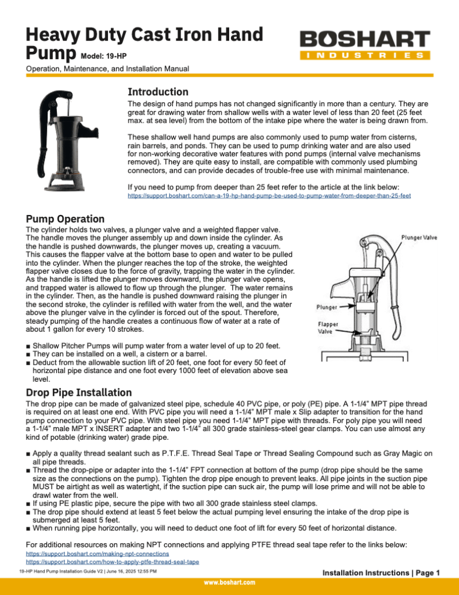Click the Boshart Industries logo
(365, 45)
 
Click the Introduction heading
(158, 92)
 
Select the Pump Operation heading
(65, 219)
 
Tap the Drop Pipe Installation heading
(79, 392)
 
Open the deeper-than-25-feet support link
(269, 196)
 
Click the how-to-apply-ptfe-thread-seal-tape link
(113, 562)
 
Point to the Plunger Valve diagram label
(420, 237)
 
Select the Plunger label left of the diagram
(327, 306)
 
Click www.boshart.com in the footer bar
(229, 582)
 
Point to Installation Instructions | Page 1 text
(381, 573)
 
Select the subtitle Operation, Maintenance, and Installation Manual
(108, 69)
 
